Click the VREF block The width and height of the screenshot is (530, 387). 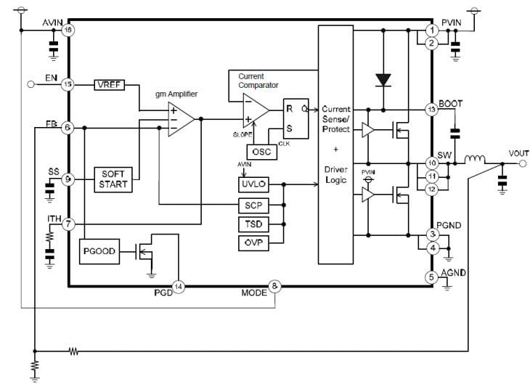110,84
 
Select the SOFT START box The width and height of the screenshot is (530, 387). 113,179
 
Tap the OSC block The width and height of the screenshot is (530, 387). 260,152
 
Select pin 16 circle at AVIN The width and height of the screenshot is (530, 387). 68,30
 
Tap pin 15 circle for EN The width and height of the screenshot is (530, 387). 68,84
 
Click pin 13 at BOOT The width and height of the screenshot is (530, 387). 432,110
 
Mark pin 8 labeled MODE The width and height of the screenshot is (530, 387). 274,286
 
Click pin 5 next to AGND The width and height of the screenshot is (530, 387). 432,276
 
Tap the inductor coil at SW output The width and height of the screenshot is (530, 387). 476,161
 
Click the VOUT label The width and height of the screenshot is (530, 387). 518,153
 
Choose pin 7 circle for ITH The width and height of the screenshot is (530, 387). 68,224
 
